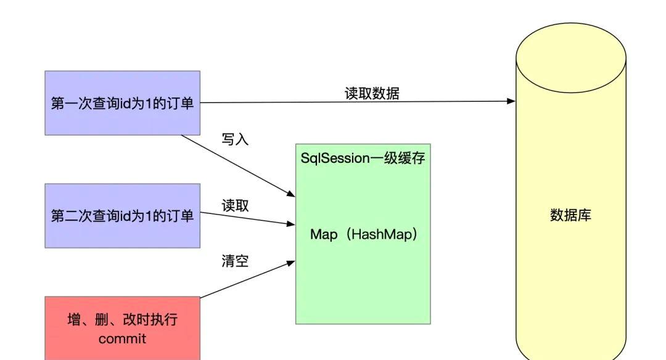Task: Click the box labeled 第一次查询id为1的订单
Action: pyautogui.click(x=122, y=103)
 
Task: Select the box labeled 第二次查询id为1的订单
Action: pyautogui.click(x=122, y=216)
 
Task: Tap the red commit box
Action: pyautogui.click(x=122, y=328)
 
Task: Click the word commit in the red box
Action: pyautogui.click(x=122, y=339)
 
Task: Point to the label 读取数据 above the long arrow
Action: pyautogui.click(x=372, y=94)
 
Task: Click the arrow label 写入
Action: pyautogui.click(x=235, y=139)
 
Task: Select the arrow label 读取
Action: pyautogui.click(x=235, y=206)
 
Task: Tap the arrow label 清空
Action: pyautogui.click(x=235, y=261)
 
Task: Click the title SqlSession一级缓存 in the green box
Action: pyautogui.click(x=363, y=158)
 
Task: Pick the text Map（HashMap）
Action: pyautogui.click(x=364, y=234)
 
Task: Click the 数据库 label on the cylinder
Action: pyautogui.click(x=570, y=215)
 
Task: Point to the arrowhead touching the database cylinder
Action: pyautogui.click(x=511, y=101)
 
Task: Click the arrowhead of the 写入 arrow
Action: pyautogui.click(x=291, y=194)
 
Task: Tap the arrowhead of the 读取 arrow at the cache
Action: pyautogui.click(x=291, y=224)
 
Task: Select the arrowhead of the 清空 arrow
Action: pyautogui.click(x=291, y=263)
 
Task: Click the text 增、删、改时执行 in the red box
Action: pyautogui.click(x=122, y=319)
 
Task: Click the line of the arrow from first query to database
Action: pyautogui.click(x=358, y=102)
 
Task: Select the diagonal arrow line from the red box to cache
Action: pyautogui.click(x=248, y=279)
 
